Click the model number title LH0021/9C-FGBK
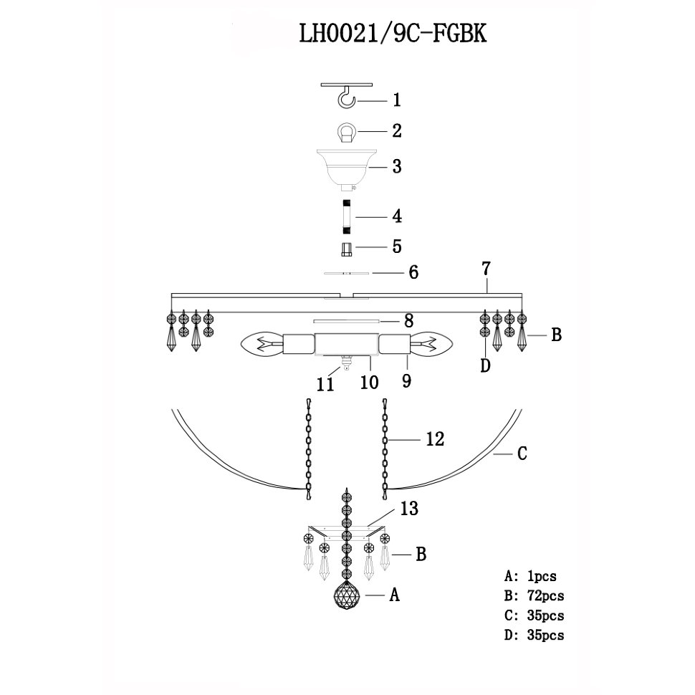coord(393,33)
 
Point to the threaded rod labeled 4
coord(346,217)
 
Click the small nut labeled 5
coord(346,249)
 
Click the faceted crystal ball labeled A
coord(346,595)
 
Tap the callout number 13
coord(409,509)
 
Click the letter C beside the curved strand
coord(522,454)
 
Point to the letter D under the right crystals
coord(485,366)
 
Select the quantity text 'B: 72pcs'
coord(534,595)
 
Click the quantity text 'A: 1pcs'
coord(530,576)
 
